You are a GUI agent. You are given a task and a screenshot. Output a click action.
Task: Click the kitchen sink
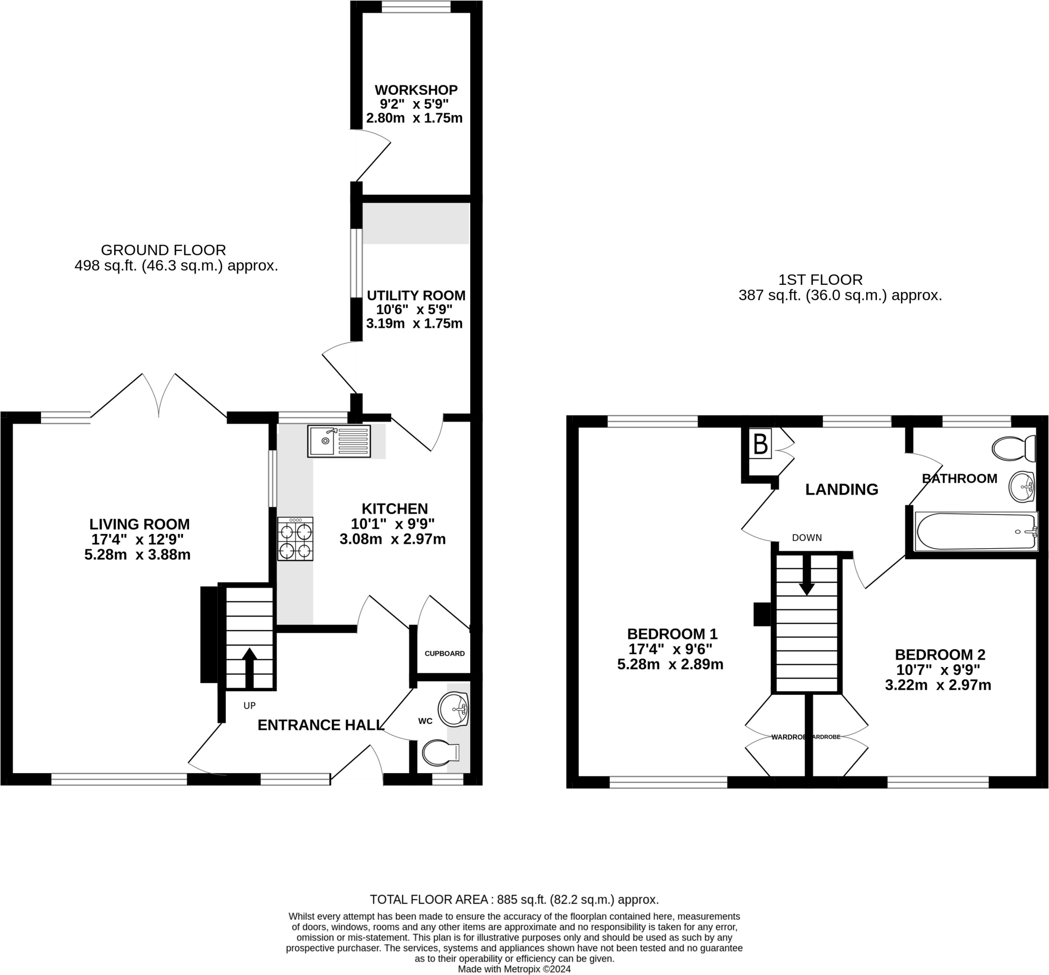click(339, 442)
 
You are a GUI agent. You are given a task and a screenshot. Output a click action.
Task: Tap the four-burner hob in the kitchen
click(296, 538)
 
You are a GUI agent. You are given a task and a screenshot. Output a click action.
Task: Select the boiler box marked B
click(761, 444)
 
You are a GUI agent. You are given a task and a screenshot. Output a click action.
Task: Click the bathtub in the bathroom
click(977, 531)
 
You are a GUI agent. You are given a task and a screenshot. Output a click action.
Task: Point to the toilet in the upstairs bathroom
click(1014, 448)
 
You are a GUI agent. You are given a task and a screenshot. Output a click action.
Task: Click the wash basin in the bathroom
click(1022, 486)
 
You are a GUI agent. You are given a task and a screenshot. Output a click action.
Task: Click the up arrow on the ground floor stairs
click(249, 668)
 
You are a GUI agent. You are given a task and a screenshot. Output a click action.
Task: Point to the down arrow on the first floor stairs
click(806, 574)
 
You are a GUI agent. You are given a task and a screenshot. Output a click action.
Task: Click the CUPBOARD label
click(445, 653)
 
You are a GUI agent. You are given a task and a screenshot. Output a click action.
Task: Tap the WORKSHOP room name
click(416, 90)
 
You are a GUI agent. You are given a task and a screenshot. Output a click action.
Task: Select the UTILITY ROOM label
click(416, 296)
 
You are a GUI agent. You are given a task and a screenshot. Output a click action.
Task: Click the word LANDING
click(842, 490)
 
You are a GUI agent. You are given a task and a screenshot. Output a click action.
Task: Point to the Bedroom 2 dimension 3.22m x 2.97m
click(938, 686)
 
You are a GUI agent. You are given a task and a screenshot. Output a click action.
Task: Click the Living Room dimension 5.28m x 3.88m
click(137, 554)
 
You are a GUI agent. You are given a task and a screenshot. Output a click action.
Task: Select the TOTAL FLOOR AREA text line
click(514, 900)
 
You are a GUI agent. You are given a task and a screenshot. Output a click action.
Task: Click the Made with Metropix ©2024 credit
click(514, 969)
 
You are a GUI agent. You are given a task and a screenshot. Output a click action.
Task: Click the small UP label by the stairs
click(249, 706)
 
